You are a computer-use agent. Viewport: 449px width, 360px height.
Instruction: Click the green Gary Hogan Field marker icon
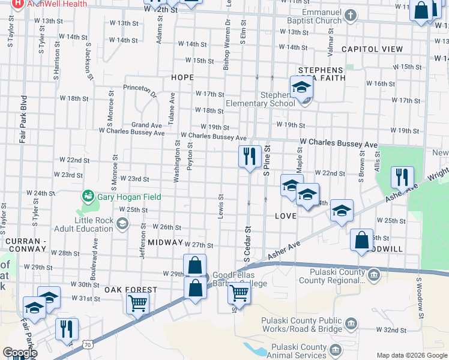coord(88,196)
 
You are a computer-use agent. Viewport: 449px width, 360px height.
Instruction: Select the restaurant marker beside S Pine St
coord(250,157)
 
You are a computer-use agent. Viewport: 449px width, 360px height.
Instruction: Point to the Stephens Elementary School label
coord(260,99)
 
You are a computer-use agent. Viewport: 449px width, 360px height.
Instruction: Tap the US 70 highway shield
coord(88,344)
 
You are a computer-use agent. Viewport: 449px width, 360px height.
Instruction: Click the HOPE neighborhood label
coord(182,77)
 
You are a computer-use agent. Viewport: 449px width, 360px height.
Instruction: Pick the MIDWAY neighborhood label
coord(164,242)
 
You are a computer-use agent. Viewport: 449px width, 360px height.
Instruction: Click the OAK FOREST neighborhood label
coord(131,290)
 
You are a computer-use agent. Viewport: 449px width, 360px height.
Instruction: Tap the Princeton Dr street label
coord(139,90)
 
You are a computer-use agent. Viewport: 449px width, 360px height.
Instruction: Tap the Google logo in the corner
coord(19,353)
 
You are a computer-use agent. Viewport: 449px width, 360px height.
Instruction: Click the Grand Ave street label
coord(147,125)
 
